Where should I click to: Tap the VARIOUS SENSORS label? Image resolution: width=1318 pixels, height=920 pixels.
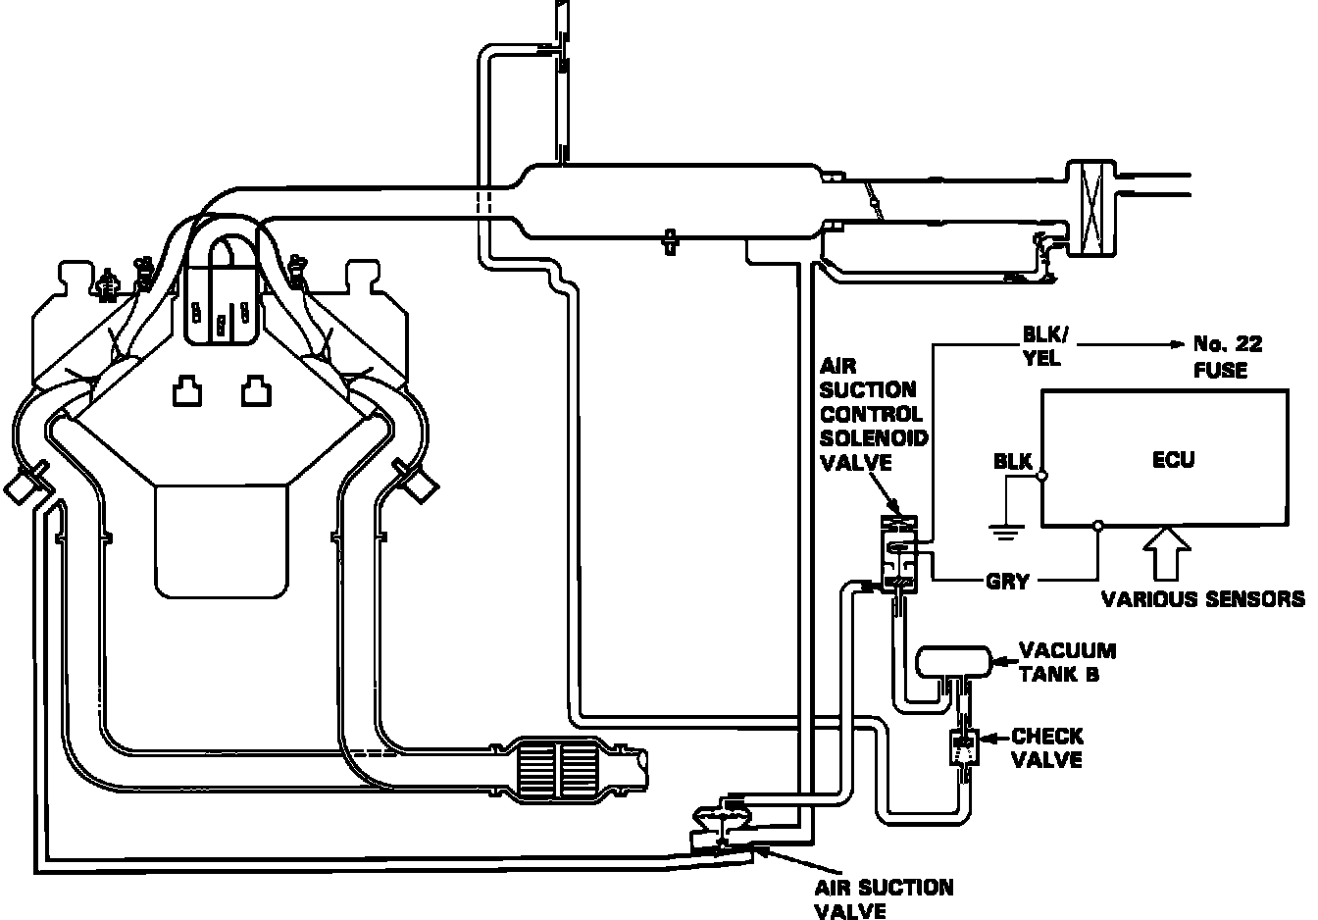1203,598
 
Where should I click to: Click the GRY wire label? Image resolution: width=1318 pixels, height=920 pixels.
1007,582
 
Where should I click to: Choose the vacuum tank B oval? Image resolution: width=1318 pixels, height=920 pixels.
950,663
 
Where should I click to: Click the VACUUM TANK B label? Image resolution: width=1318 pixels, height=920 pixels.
1067,662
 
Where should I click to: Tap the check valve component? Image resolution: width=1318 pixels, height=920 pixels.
964,748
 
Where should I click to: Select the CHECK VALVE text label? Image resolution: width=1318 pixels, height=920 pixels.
1047,747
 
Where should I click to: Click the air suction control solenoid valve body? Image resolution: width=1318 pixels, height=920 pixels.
899,555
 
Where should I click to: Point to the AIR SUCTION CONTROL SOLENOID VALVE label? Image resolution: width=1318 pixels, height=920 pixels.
873,412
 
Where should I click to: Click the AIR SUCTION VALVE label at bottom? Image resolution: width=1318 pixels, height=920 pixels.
882,898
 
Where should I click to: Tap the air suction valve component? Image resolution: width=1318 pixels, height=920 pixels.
721,823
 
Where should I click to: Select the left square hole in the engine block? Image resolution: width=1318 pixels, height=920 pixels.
186,392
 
